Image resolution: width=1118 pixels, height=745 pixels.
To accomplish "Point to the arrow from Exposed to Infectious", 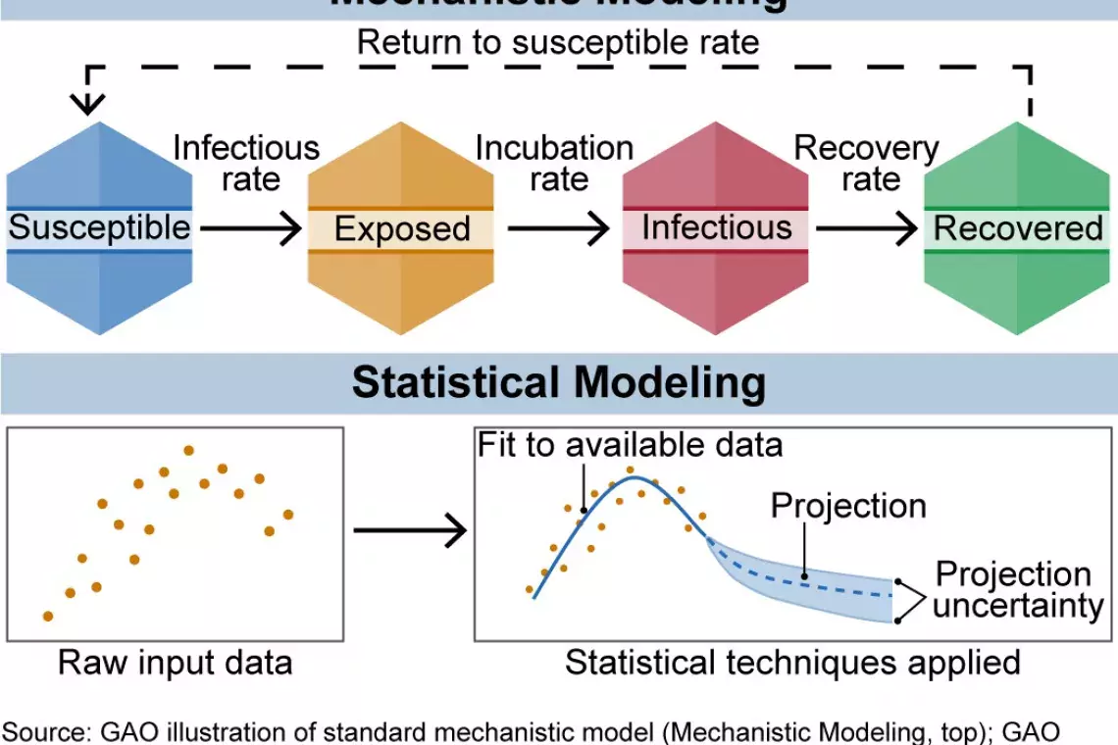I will point(558,229).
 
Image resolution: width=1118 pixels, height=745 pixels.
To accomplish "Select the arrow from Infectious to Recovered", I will point(866,229).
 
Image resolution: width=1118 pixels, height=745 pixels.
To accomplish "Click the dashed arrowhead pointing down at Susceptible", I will point(89,103).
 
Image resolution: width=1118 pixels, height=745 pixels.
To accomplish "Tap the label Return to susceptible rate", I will point(558,42).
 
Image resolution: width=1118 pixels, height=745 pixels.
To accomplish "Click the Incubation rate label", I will point(555,164).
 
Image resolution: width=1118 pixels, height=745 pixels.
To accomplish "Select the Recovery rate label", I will point(867,164).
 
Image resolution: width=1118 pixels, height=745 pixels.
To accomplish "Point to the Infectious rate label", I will point(247,164).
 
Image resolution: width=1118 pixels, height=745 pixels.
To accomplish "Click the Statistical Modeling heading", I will point(558,382).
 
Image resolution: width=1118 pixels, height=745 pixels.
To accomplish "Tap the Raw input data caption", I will point(176,663).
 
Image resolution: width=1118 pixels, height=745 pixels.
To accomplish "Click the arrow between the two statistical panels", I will point(409,532).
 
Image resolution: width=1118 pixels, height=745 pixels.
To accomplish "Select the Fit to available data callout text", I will point(631,445).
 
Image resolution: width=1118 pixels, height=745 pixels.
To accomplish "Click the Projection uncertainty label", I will point(1017,589).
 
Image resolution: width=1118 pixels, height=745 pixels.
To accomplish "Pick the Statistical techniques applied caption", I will point(792,663).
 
